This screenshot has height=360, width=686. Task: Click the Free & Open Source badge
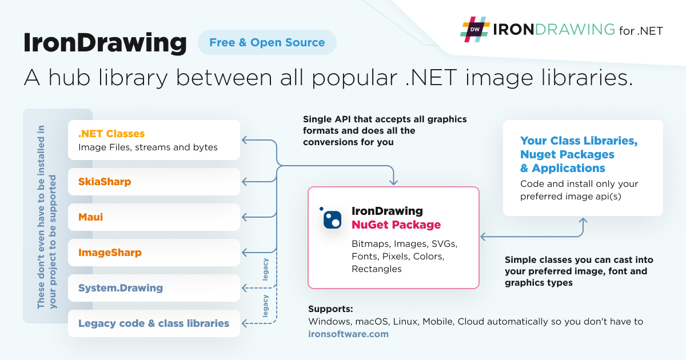pyautogui.click(x=267, y=42)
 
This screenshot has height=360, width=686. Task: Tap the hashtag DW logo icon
pyautogui.click(x=475, y=29)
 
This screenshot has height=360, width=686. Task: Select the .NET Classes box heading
pyautogui.click(x=111, y=134)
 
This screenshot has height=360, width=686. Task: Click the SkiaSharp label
pyautogui.click(x=105, y=182)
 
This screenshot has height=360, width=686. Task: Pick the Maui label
pyautogui.click(x=91, y=217)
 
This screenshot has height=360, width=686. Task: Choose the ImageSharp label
pyautogui.click(x=110, y=253)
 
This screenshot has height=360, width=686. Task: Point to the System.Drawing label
pyautogui.click(x=121, y=288)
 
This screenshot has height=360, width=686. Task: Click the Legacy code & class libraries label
pyautogui.click(x=154, y=323)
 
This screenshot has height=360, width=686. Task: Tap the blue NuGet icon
pyautogui.click(x=331, y=218)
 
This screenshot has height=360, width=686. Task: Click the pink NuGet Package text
pyautogui.click(x=396, y=225)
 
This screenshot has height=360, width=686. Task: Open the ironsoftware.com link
pyautogui.click(x=348, y=334)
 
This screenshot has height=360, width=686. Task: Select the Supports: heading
pyautogui.click(x=330, y=309)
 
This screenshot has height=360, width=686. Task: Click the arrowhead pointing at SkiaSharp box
pyautogui.click(x=244, y=182)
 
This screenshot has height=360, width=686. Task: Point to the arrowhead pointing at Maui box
pyautogui.click(x=244, y=217)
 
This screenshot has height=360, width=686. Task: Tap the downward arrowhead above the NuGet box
pyautogui.click(x=393, y=182)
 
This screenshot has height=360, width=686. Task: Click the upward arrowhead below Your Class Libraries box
pyautogui.click(x=583, y=221)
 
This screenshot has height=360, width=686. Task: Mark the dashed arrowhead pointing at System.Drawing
pyautogui.click(x=244, y=288)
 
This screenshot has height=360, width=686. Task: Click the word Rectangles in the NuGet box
pyautogui.click(x=376, y=269)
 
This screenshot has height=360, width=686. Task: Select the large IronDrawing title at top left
pyautogui.click(x=105, y=43)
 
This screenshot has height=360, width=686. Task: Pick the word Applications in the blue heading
pyautogui.click(x=568, y=168)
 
